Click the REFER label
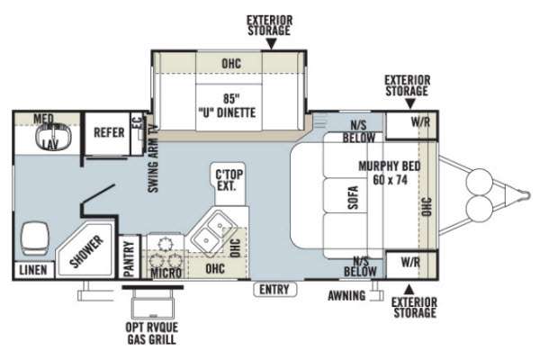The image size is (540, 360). (109, 132)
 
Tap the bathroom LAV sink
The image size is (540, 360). (53, 136)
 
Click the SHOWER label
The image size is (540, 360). (86, 251)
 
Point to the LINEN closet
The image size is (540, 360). (33, 270)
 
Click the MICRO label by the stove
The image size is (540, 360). (166, 273)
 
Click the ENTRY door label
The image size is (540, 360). (274, 290)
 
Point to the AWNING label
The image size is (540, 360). (346, 295)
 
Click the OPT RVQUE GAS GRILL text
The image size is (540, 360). (152, 334)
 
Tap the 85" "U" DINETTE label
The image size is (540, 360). (228, 106)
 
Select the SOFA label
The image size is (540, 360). (353, 198)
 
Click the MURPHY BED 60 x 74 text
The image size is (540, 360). (390, 173)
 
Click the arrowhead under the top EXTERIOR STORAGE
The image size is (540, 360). (272, 43)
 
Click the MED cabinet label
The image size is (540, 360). (44, 119)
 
